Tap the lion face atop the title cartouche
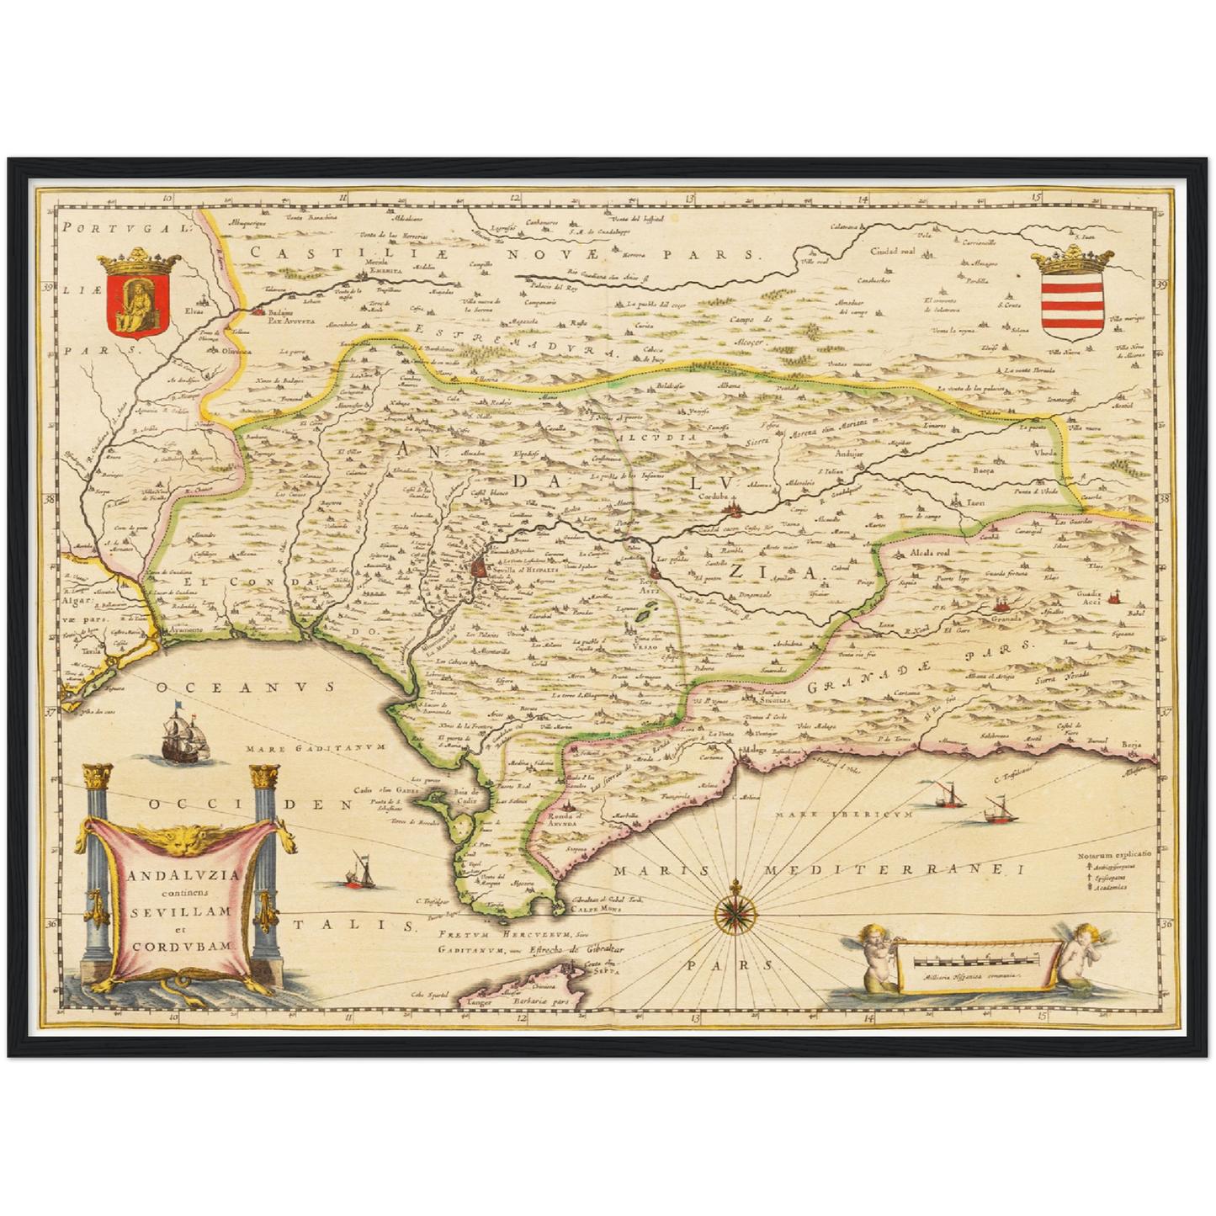183,837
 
